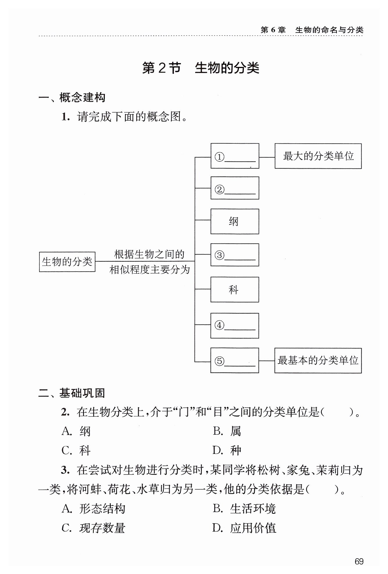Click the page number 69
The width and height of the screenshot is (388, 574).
[359, 561]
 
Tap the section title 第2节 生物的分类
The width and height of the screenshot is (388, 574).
[201, 68]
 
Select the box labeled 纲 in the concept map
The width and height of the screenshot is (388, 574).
[235, 221]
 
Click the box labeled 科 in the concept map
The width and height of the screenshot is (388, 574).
[235, 290]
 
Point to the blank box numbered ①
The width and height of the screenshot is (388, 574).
[235, 156]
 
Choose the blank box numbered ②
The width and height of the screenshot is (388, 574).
[235, 188]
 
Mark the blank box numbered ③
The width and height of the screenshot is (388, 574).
[235, 255]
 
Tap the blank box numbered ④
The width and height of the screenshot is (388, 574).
[235, 326]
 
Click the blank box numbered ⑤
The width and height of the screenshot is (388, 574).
[235, 361]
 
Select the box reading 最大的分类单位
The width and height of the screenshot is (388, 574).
[318, 156]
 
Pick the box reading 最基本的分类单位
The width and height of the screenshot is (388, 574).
[318, 361]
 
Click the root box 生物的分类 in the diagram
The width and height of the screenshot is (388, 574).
[67, 262]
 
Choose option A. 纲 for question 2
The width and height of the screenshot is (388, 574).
[76, 431]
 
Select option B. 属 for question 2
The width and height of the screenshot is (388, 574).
[227, 431]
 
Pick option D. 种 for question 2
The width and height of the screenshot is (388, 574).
[227, 450]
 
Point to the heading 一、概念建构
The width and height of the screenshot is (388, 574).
[72, 97]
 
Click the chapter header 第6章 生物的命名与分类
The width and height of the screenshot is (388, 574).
[312, 30]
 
